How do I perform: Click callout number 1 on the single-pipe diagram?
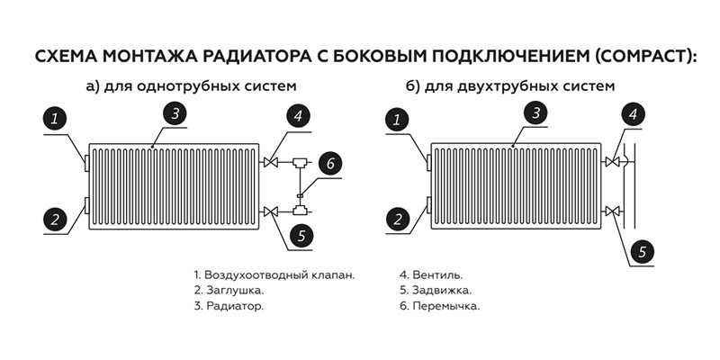tap(55, 119)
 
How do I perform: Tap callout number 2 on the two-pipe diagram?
tap(398, 219)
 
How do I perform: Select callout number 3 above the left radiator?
tap(175, 113)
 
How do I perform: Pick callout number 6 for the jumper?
tap(330, 164)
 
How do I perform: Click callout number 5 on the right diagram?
tap(642, 252)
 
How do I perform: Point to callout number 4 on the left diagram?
tap(299, 117)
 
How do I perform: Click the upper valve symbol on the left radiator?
tap(272, 162)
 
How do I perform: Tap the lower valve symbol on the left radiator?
tap(272, 211)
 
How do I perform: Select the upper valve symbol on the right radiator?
tap(612, 162)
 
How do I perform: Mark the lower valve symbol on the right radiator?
tap(612, 211)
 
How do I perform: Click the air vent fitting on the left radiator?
tap(86, 163)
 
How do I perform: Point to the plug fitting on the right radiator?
tap(429, 205)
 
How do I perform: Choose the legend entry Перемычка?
tap(445, 306)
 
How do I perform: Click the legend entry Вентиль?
tap(437, 275)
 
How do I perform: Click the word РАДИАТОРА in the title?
tap(248, 57)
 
